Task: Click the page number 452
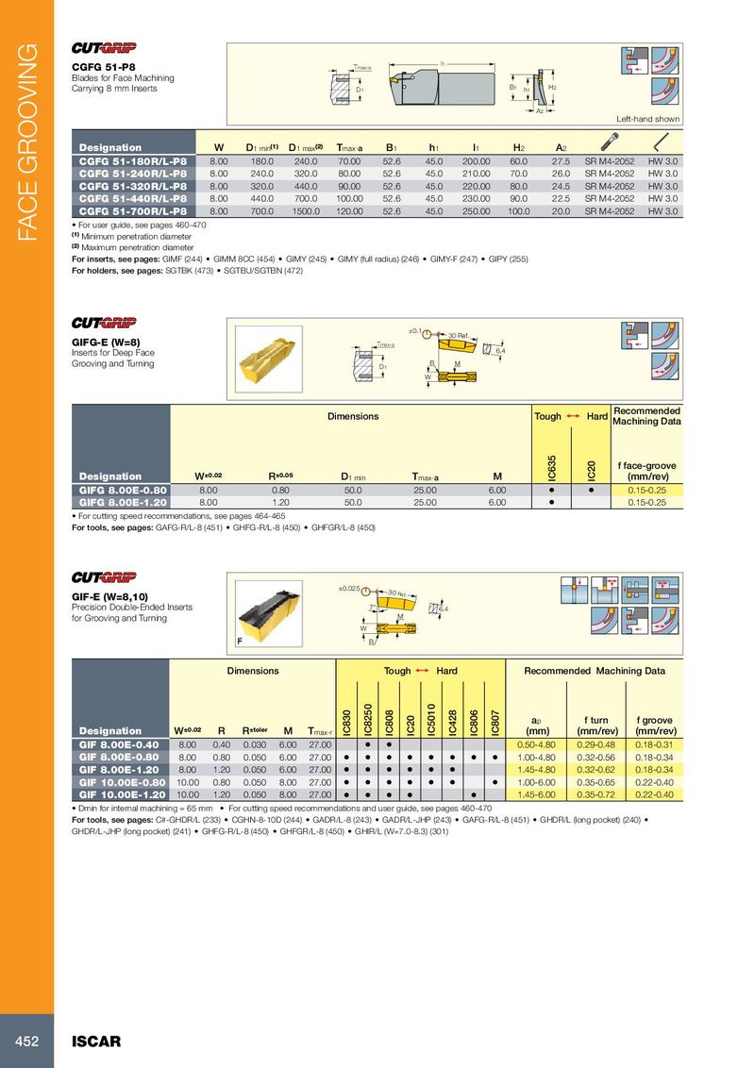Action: click(x=25, y=1042)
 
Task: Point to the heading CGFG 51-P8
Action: click(x=99, y=67)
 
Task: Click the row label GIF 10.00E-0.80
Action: click(x=123, y=782)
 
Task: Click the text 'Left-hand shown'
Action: click(x=647, y=120)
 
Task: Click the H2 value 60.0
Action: click(x=518, y=162)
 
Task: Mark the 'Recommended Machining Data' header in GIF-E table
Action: click(x=595, y=671)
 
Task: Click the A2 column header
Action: click(x=561, y=148)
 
